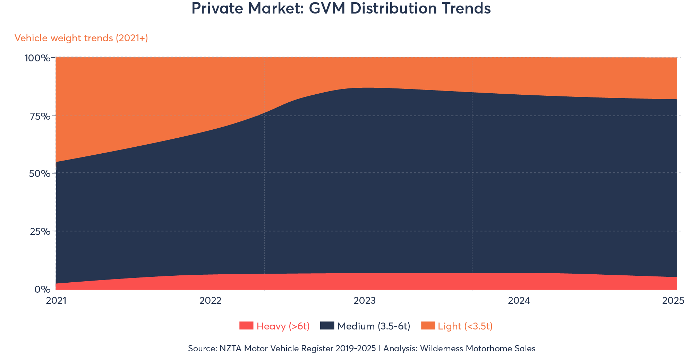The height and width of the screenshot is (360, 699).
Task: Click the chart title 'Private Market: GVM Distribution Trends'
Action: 341,9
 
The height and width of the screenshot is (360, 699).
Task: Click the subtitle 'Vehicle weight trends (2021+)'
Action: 81,38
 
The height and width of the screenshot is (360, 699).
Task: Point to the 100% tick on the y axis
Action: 37,58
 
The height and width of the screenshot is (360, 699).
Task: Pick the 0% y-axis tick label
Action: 42,289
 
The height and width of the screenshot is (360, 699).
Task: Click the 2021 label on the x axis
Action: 56,301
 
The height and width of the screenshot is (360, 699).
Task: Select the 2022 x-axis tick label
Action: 210,301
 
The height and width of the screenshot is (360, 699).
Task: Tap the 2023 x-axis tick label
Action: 365,301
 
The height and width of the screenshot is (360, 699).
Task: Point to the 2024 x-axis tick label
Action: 519,301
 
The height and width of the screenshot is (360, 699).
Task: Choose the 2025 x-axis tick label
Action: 673,301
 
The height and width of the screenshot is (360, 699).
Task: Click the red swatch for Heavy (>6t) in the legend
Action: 246,326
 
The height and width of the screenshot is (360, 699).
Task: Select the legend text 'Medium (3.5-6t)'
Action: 374,326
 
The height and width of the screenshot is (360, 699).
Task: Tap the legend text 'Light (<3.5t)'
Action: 465,326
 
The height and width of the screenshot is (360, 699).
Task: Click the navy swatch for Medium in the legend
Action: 327,326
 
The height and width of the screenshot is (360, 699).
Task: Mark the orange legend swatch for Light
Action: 428,326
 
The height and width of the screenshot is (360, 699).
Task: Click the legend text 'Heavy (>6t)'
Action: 283,326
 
